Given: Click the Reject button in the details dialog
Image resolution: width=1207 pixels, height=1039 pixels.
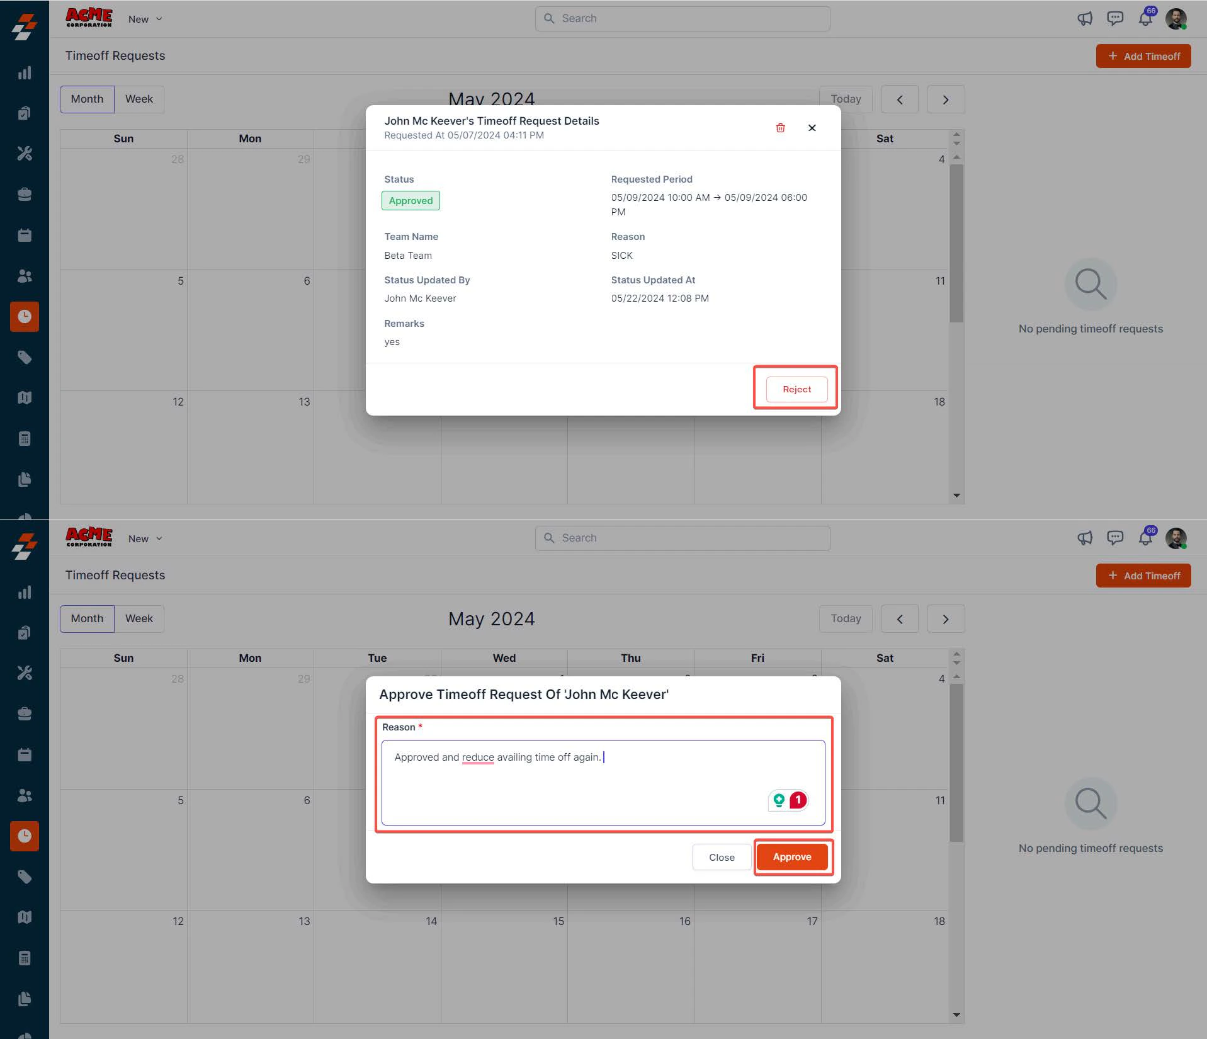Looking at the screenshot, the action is [x=796, y=389].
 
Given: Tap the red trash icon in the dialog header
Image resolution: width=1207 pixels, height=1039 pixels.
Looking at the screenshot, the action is [x=780, y=128].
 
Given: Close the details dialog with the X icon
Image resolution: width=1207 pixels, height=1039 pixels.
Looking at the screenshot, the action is [x=812, y=128].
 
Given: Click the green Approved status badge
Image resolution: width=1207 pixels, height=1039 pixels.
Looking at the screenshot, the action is [x=411, y=201].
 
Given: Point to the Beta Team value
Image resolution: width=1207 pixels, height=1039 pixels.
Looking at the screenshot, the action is [x=408, y=256].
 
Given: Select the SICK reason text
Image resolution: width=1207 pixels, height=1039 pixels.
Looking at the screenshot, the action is [x=621, y=256].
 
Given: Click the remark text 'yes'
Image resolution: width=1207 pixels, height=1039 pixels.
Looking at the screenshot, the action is [x=392, y=342].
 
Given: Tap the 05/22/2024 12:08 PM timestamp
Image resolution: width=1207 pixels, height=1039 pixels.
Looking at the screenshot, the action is [x=660, y=298].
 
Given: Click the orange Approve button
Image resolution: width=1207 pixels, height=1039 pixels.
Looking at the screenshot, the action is [x=792, y=857].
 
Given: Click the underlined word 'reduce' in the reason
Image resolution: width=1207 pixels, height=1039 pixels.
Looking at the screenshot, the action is [x=478, y=757].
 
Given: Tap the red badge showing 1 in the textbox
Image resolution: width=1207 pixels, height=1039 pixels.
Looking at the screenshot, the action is [x=798, y=800].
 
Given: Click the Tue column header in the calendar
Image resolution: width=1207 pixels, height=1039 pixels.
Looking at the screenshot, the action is [x=377, y=658].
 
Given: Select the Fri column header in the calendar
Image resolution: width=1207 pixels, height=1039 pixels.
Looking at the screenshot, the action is [x=757, y=658].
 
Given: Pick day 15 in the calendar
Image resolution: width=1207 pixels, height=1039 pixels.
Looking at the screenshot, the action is [x=558, y=921].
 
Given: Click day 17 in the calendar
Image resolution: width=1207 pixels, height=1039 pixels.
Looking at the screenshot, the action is [x=812, y=921].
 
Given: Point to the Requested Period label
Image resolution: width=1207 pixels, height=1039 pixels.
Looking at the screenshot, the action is [x=652, y=179].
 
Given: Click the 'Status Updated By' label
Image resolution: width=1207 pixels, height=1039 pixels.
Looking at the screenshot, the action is [x=427, y=280].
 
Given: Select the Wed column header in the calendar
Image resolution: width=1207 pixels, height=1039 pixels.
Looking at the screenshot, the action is [x=504, y=658].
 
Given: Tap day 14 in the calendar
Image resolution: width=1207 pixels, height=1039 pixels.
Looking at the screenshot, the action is [x=431, y=921].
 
